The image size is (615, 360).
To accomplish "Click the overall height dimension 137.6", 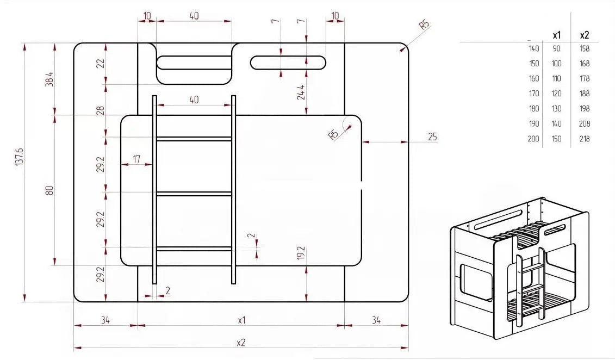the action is coord(20,157).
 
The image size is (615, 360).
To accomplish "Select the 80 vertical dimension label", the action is coord(49,190).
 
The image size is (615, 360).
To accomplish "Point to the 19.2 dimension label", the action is coord(301,253).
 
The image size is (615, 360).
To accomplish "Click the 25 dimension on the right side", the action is coord(432,137).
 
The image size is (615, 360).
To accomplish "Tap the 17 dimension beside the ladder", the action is coord(136,159).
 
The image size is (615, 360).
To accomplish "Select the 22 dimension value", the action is coord(101,63).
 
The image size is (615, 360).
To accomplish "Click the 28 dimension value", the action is coord(101,110).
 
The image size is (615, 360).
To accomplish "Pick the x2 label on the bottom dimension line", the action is coord(241,343).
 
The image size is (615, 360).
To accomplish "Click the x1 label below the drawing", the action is coord(241,320).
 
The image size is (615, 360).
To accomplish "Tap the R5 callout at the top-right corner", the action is coord(424,24).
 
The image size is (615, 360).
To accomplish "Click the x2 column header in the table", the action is coord(585,35).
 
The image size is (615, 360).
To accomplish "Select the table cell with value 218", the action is coord(585,139).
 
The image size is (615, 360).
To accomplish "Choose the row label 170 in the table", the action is coord(534,94).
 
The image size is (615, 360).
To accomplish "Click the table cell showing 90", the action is coord(557,48).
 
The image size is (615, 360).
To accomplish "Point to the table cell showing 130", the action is coord(557,108).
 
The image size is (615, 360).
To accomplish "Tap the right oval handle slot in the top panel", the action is coord(288,63).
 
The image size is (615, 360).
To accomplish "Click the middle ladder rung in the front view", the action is coord(194,194).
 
